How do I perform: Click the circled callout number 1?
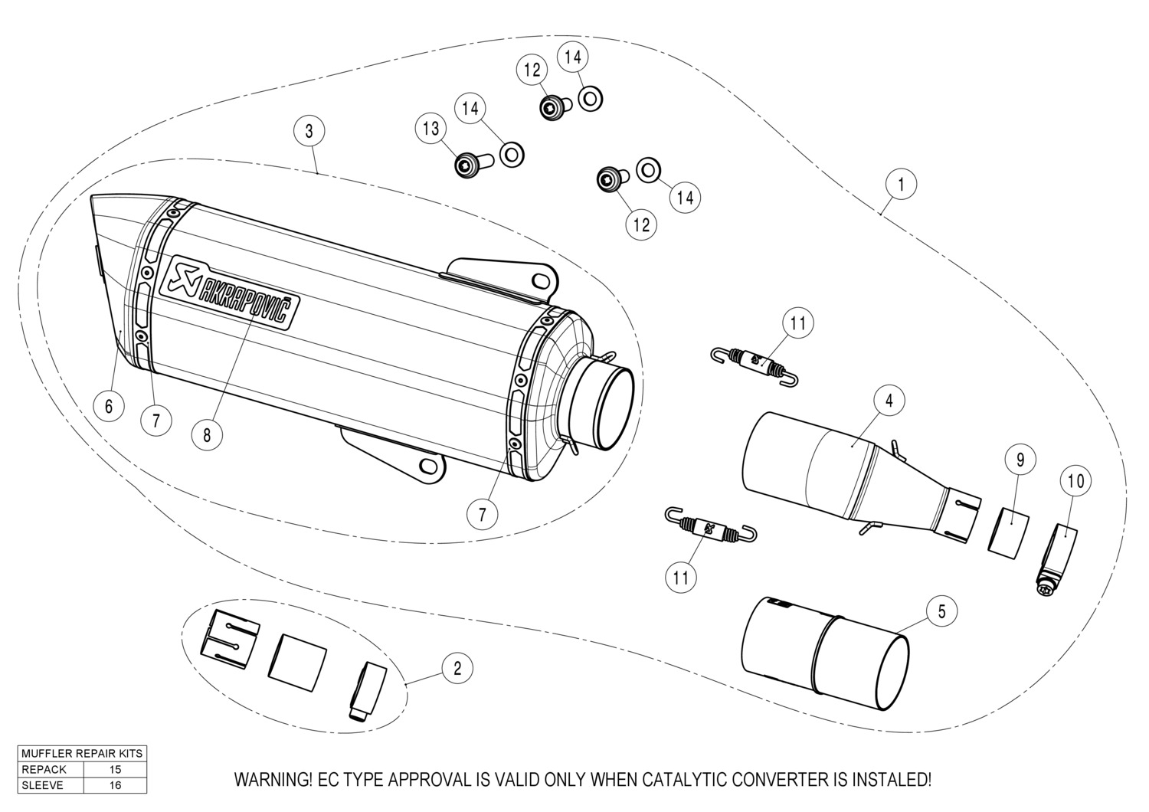(x=901, y=184)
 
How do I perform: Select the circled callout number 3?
(x=309, y=130)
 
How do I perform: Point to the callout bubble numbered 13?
(x=431, y=128)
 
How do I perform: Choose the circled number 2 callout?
(x=457, y=668)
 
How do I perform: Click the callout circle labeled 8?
(x=207, y=435)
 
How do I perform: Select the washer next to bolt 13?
(x=511, y=154)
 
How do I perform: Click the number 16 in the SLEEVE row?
(x=116, y=785)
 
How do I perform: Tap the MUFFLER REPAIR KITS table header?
(x=82, y=754)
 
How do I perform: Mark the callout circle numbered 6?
(x=109, y=405)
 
